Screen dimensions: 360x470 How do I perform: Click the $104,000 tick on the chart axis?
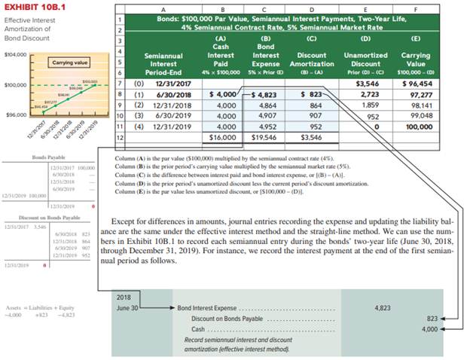[x=15, y=55]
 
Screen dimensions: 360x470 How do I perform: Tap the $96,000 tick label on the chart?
[x=15, y=114]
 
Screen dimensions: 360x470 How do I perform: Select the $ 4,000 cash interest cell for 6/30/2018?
[x=221, y=95]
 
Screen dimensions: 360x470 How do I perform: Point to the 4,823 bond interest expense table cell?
[x=264, y=95]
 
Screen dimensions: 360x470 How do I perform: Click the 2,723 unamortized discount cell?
[x=366, y=95]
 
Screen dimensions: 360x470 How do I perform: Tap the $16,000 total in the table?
[x=221, y=139]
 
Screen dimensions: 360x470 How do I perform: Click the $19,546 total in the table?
[x=264, y=139]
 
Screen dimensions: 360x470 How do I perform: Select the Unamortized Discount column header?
[x=365, y=59]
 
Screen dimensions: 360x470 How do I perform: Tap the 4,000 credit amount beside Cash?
[x=430, y=329]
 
